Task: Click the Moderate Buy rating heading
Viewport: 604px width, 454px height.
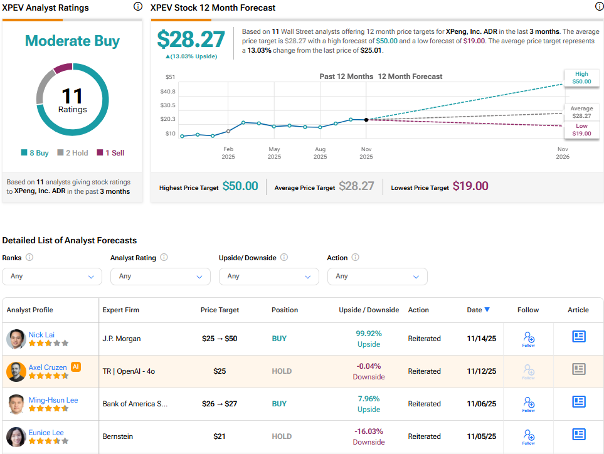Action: click(x=72, y=41)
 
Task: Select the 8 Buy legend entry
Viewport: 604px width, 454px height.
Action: click(x=34, y=152)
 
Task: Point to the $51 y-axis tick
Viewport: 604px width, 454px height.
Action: click(x=170, y=77)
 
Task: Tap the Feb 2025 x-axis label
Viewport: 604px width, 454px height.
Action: click(x=228, y=153)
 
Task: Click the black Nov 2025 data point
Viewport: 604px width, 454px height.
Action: click(x=366, y=119)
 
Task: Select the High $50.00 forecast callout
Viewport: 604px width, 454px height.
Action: click(x=581, y=78)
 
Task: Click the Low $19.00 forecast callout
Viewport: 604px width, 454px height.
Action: click(x=581, y=130)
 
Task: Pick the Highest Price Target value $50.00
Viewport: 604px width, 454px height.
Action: click(x=240, y=186)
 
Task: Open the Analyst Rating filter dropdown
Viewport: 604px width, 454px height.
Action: click(x=161, y=276)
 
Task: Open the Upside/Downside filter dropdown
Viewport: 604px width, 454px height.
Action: click(x=269, y=276)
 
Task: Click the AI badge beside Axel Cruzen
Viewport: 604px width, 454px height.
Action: click(x=76, y=367)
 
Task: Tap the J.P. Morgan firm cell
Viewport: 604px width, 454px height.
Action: click(x=122, y=339)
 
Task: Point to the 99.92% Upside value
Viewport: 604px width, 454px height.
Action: click(x=369, y=334)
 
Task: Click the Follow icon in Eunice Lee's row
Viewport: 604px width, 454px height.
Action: click(x=528, y=436)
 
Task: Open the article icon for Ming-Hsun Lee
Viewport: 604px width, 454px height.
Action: click(x=578, y=402)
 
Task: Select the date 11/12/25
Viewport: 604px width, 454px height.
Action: click(x=482, y=371)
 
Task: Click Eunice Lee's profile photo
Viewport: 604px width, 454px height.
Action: click(x=16, y=436)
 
